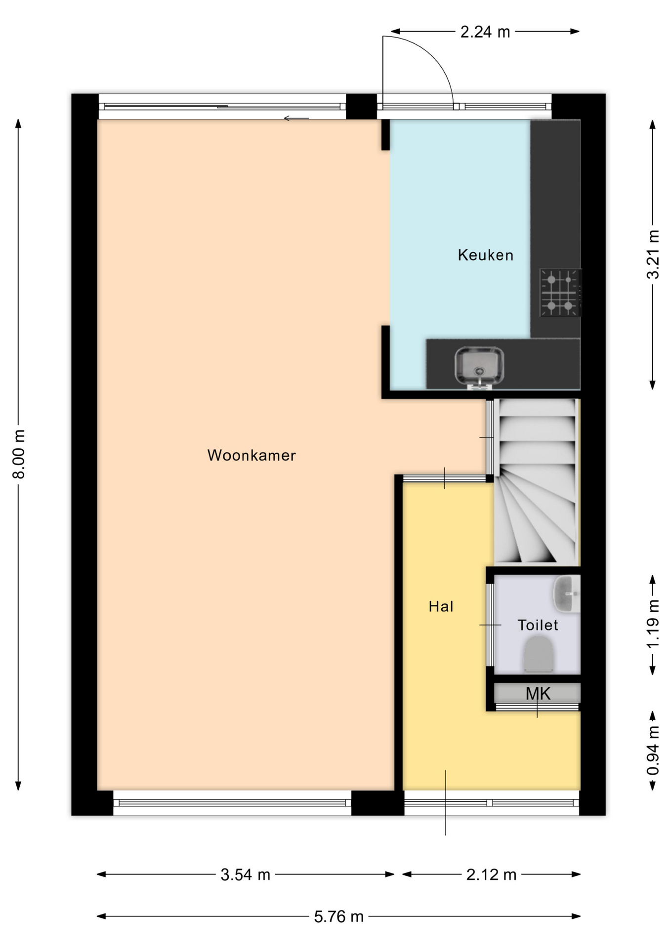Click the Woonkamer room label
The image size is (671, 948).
[252, 455]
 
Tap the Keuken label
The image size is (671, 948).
[486, 255]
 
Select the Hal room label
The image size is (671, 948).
[441, 606]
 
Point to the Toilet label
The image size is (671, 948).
[538, 625]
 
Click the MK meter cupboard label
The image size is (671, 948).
[538, 693]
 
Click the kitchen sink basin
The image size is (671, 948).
[479, 366]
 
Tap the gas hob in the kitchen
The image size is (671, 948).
[560, 293]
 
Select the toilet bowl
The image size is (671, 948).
[539, 654]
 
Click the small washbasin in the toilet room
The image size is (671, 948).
[567, 594]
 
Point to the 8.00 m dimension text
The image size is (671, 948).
[19, 454]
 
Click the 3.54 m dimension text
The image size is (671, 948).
[245, 875]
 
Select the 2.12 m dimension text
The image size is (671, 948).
[491, 875]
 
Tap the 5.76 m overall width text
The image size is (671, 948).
[339, 917]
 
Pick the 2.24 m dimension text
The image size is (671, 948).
[485, 32]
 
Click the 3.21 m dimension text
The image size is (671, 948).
[653, 255]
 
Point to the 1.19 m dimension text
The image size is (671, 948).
[653, 625]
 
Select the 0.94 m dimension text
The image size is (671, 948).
[653, 750]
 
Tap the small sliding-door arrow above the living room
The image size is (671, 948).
[296, 118]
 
